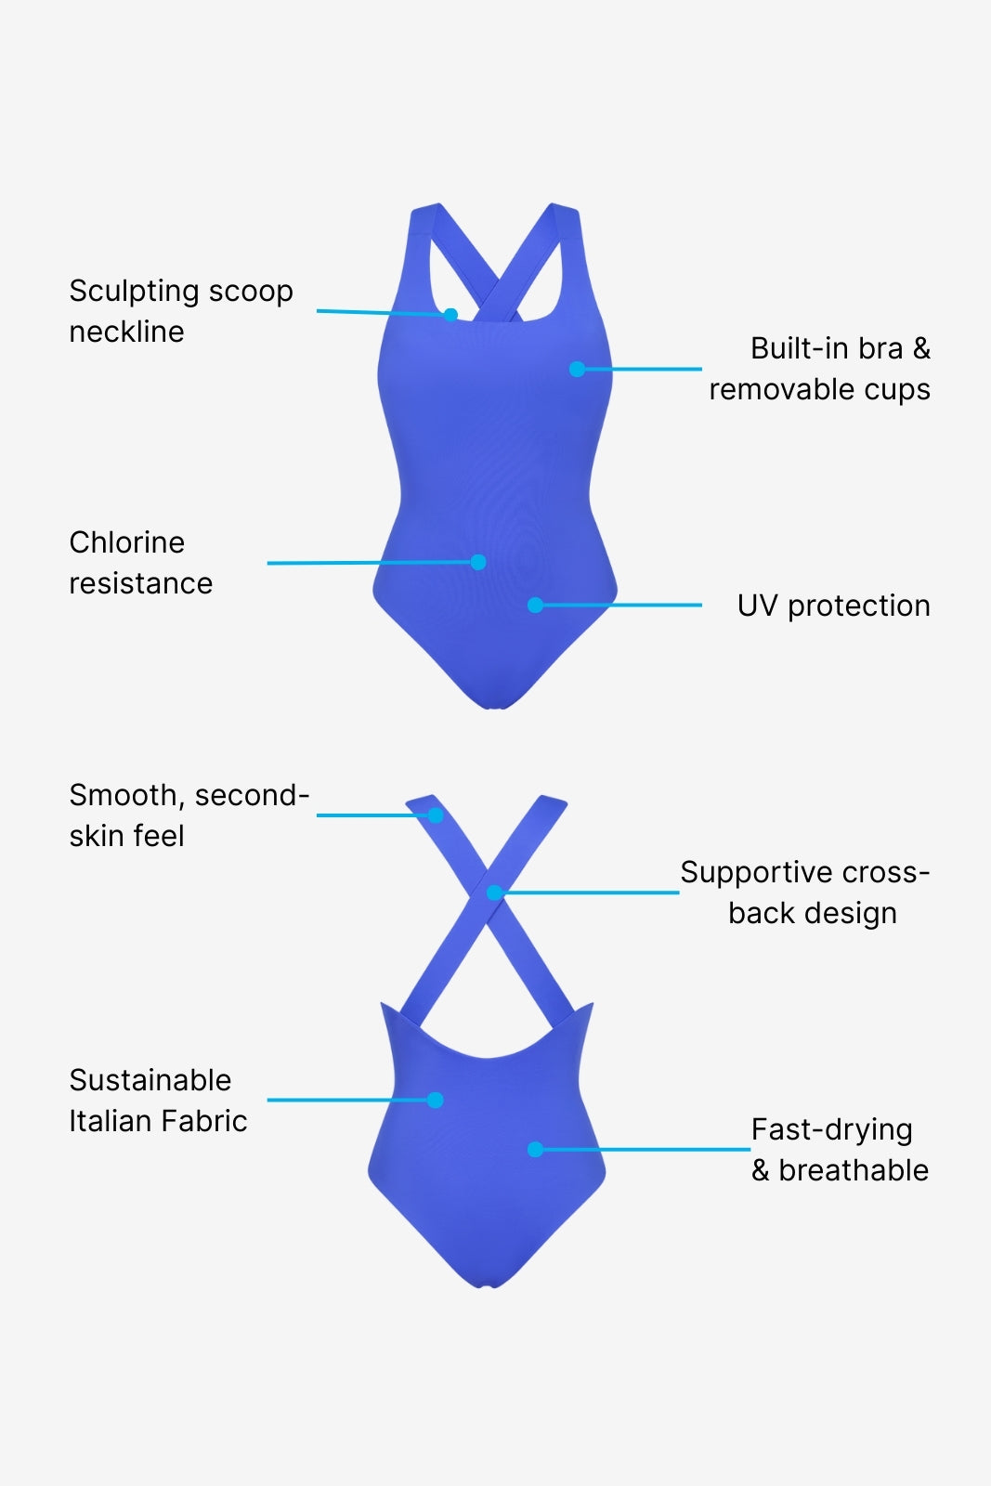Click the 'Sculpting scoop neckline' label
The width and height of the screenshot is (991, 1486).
[181, 311]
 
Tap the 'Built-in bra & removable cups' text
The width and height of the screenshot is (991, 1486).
[820, 369]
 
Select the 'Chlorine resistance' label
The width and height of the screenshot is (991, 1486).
[140, 563]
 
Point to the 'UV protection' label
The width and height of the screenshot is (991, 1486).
[833, 606]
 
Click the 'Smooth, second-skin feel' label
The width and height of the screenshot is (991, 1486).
[189, 815]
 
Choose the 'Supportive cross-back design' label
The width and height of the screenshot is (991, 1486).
[805, 893]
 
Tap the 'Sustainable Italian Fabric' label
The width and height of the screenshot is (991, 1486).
[158, 1101]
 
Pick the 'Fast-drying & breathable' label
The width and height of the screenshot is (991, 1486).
[840, 1150]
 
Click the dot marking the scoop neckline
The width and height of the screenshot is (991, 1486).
[450, 315]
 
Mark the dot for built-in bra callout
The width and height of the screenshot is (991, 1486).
[577, 369]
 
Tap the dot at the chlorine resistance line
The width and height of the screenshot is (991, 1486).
[478, 562]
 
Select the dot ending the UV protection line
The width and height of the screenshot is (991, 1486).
[535, 606]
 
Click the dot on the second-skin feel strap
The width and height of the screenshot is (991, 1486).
[436, 815]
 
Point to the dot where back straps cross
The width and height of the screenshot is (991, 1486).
[494, 893]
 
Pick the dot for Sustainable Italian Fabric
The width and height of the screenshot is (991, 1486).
[435, 1101]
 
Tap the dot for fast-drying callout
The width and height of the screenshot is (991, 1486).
[535, 1150]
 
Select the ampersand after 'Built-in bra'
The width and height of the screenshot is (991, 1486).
[921, 349]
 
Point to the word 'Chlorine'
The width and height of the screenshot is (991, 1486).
[127, 542]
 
